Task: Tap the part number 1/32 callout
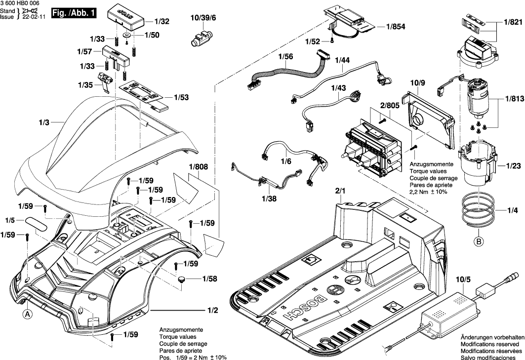point(162,22)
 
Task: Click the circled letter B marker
point(478,241)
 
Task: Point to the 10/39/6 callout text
point(203,18)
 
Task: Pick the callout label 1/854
point(396,27)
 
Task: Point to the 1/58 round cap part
point(182,280)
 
